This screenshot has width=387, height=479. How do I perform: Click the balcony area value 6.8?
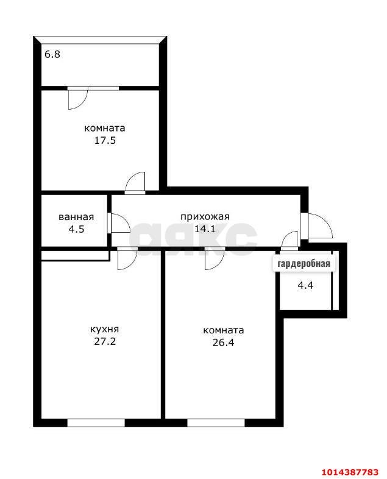pos(52,54)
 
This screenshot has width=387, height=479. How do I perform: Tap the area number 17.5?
pos(104,140)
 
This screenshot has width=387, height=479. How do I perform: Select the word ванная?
pos(76,217)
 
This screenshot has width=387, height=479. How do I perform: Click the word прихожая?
pos(204,216)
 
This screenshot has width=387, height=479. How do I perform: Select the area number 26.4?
pos(223,342)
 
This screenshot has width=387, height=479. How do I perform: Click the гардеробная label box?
pos(304,264)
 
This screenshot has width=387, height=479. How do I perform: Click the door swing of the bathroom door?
pos(118,223)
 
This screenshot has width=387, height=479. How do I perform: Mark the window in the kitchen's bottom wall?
pos(96,422)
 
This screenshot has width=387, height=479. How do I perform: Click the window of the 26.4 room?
pos(215,422)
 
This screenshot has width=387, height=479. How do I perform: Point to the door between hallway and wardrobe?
pos(290,240)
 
